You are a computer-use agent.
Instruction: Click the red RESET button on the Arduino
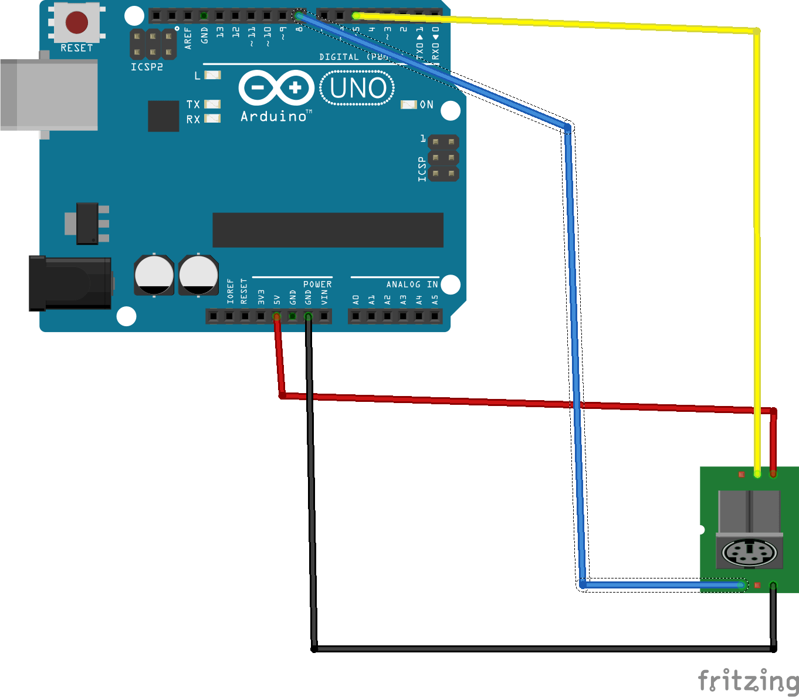pyautogui.click(x=76, y=22)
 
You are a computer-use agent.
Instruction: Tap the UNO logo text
pyautogui.click(x=357, y=89)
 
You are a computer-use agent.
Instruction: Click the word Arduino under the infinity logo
pyautogui.click(x=273, y=116)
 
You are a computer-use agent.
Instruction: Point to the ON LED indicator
pyautogui.click(x=409, y=104)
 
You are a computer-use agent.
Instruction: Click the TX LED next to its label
pyautogui.click(x=212, y=104)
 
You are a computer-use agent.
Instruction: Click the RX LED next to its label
pyautogui.click(x=212, y=119)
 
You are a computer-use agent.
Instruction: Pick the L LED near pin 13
pyautogui.click(x=212, y=75)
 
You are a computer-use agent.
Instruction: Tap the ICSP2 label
pyautogui.click(x=147, y=67)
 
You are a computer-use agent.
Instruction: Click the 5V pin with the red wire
pyautogui.click(x=276, y=317)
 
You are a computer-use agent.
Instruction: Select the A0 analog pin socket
pyautogui.click(x=356, y=317)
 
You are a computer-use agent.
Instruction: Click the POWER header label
pyautogui.click(x=317, y=285)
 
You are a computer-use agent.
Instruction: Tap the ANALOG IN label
pyautogui.click(x=412, y=285)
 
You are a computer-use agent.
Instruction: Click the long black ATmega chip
pyautogui.click(x=327, y=230)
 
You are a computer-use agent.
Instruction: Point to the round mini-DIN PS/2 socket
pyautogui.click(x=749, y=553)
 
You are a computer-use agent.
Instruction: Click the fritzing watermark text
pyautogui.click(x=748, y=681)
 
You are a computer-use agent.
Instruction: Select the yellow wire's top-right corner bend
pyautogui.click(x=757, y=31)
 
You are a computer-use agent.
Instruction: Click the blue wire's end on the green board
pyautogui.click(x=741, y=585)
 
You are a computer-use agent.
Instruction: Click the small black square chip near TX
pyautogui.click(x=163, y=116)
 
